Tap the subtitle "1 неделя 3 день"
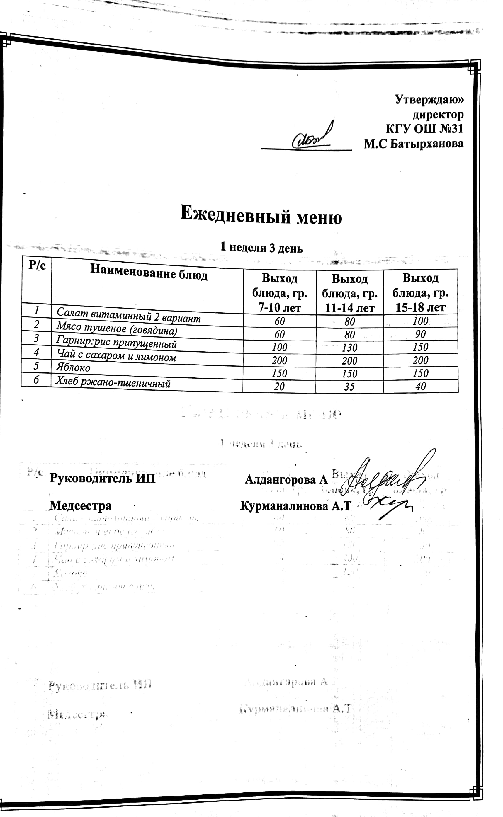pos(261,248)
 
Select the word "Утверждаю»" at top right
pos(429,99)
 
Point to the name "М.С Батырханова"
pos(414,144)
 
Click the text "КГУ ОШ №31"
pos(424,129)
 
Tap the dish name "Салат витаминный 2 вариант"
pos(128,315)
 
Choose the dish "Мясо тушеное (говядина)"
pos(116,328)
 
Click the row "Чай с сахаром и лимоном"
pos(116,355)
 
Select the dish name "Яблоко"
pos(73,367)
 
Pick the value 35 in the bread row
pos(349,387)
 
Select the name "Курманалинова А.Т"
pos(295,506)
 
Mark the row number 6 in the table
pos(36,380)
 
